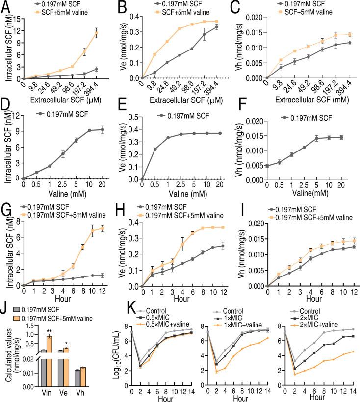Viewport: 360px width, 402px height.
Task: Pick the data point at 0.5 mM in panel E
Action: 155,149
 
